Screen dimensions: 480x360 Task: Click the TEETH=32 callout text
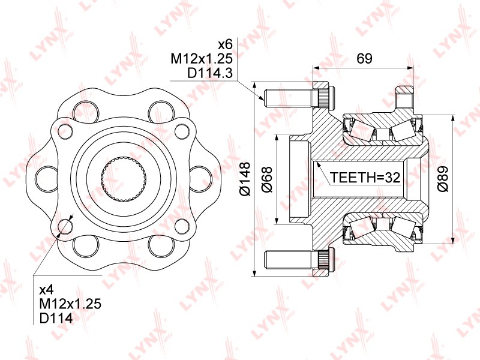click(365, 177)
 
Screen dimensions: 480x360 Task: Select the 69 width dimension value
click(364, 58)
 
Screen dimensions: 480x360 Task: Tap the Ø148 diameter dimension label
click(245, 179)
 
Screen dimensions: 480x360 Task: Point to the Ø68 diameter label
click(267, 179)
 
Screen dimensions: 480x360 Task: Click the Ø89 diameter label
click(443, 179)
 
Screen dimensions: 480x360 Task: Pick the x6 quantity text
click(226, 44)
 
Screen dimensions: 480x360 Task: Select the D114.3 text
click(210, 73)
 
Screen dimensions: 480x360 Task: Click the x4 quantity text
click(47, 289)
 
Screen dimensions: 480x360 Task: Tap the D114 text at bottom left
click(56, 318)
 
